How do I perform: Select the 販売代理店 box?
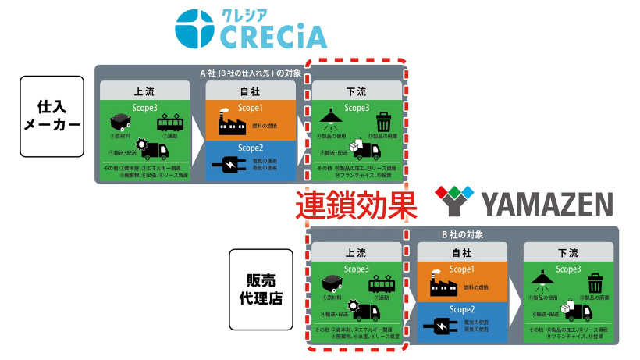tap(261, 288)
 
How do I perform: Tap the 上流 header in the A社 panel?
tap(145, 91)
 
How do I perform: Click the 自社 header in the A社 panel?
tap(251, 91)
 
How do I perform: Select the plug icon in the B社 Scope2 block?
tap(440, 323)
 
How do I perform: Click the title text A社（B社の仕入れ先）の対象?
tap(251, 73)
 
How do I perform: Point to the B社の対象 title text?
tap(462, 233)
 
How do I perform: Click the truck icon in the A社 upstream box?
tap(155, 150)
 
